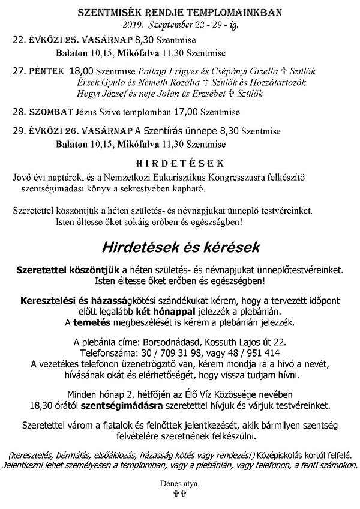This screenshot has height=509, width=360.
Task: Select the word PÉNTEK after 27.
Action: pyautogui.click(x=47, y=71)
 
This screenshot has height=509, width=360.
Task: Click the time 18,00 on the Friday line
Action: pyautogui.click(x=82, y=71)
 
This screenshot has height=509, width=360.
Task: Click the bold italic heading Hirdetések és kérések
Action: pyautogui.click(x=181, y=247)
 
